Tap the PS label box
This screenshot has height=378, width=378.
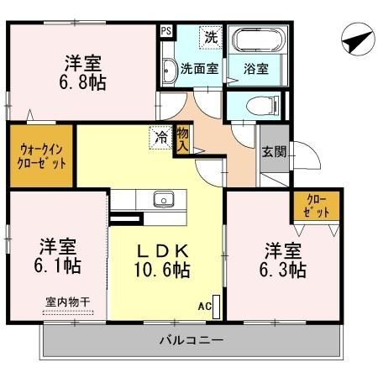point(165,31)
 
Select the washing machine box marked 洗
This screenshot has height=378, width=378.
point(211,38)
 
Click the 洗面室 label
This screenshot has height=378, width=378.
point(200,70)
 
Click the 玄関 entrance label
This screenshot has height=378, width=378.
point(274,152)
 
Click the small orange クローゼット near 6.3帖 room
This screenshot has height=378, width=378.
point(317,206)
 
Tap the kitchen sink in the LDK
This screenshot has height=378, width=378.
point(162,199)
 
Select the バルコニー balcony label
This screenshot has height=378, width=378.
point(192,342)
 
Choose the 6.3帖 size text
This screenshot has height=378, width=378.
point(283,270)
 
